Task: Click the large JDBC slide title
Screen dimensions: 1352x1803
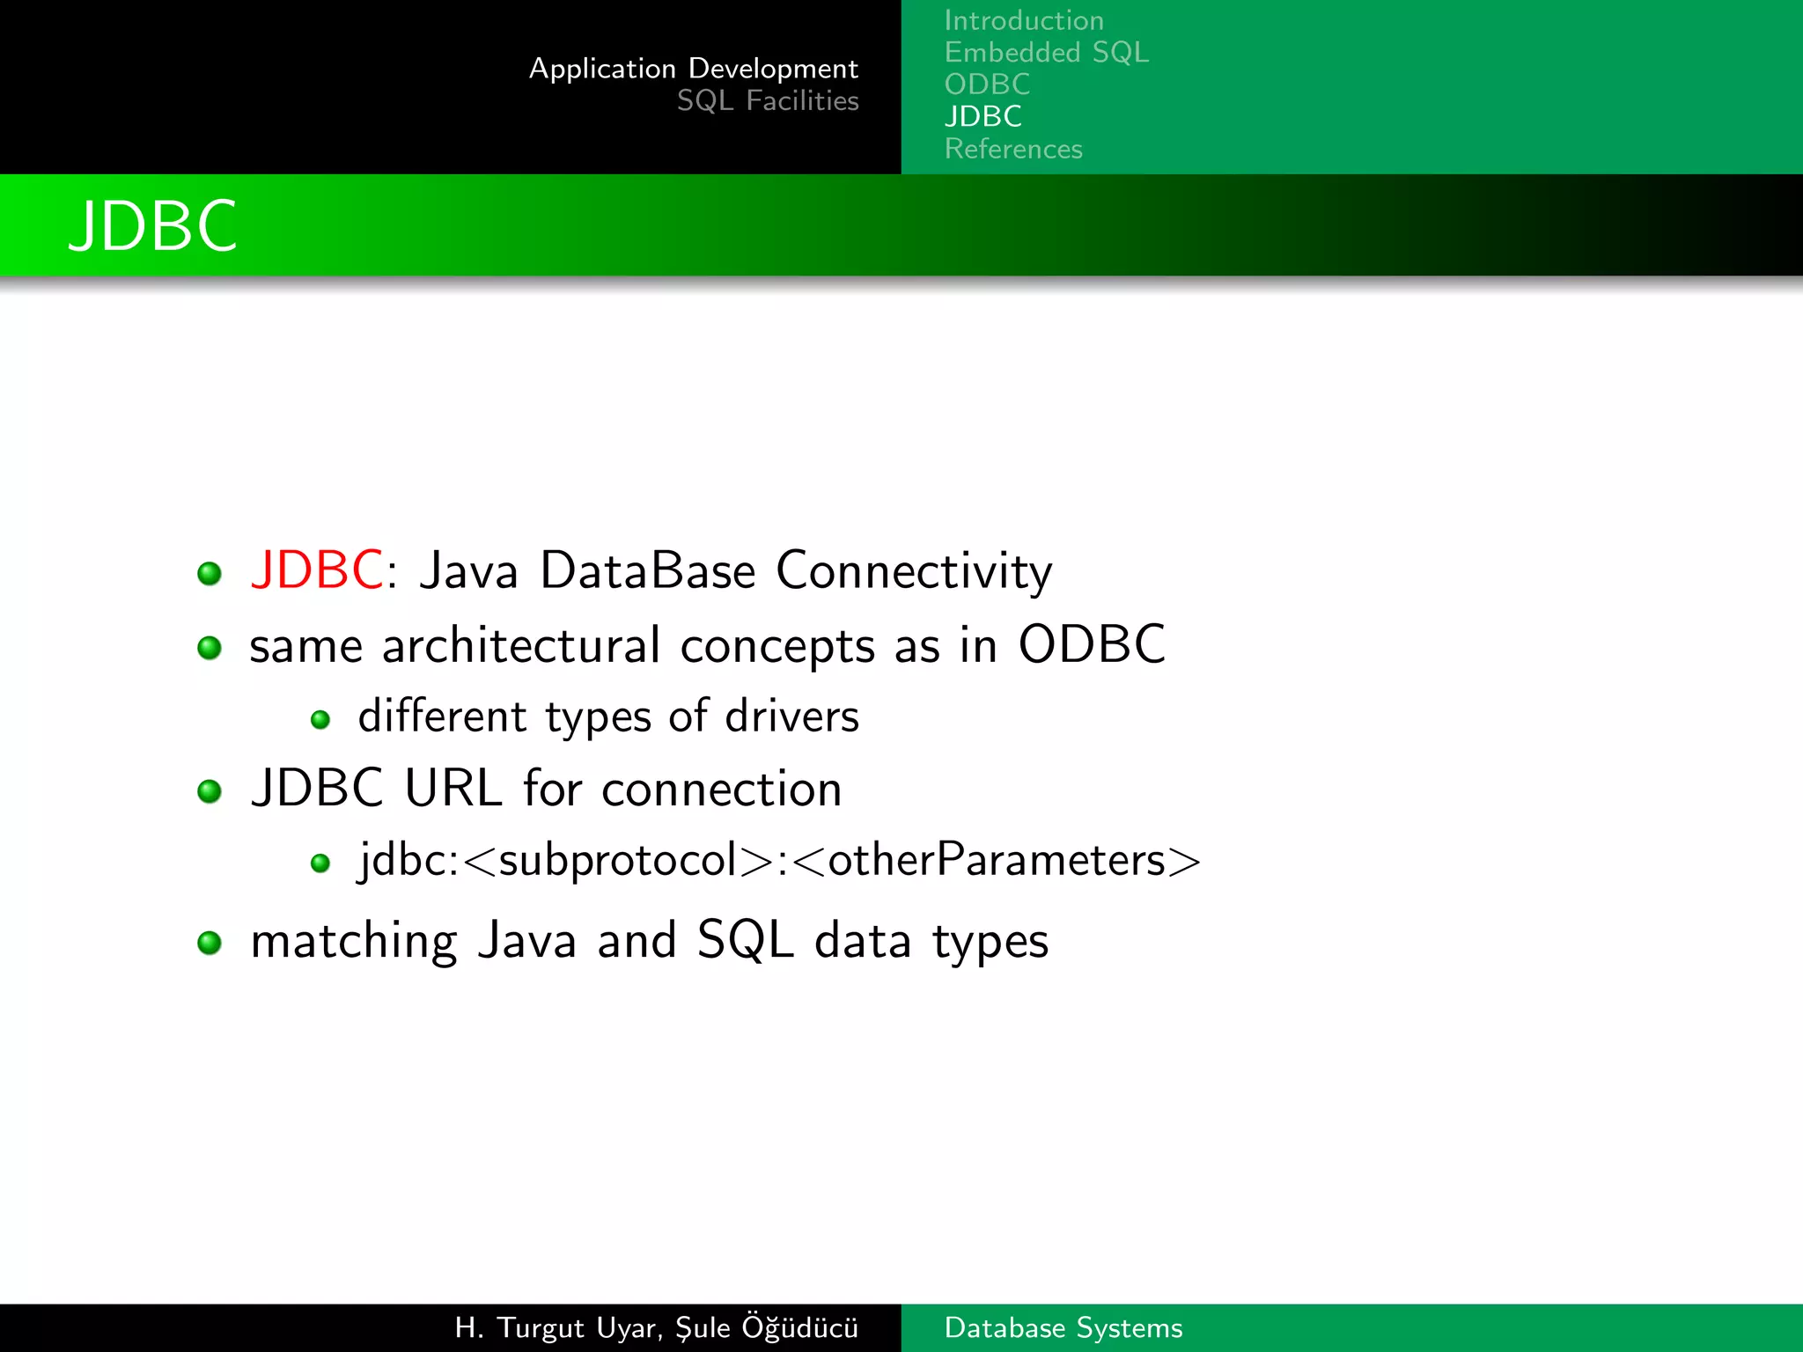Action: pyautogui.click(x=152, y=226)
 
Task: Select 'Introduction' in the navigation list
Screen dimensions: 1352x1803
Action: pyautogui.click(x=1023, y=20)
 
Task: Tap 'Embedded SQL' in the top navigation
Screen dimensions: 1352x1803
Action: pyautogui.click(x=1046, y=53)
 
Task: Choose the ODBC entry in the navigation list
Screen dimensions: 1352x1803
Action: pyautogui.click(x=987, y=84)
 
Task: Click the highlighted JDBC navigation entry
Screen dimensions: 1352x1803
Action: pyautogui.click(x=982, y=116)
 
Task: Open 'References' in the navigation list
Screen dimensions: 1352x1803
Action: pyautogui.click(x=1012, y=149)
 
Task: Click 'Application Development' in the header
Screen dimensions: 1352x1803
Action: pyautogui.click(x=693, y=69)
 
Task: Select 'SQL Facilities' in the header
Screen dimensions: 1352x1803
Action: pyautogui.click(x=767, y=101)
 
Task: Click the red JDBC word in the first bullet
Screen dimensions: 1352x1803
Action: pyautogui.click(x=316, y=569)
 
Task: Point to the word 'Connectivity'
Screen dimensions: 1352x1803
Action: pyautogui.click(x=913, y=571)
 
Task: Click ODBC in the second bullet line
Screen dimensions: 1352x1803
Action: pyautogui.click(x=1091, y=644)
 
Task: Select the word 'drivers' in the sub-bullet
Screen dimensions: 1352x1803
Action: pyautogui.click(x=791, y=716)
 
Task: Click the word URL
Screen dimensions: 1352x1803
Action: pyautogui.click(x=453, y=788)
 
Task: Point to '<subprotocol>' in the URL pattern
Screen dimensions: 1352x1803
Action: pyautogui.click(x=617, y=860)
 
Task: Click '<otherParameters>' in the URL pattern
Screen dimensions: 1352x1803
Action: pyautogui.click(x=997, y=860)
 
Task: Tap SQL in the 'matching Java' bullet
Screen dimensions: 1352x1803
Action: pyautogui.click(x=744, y=940)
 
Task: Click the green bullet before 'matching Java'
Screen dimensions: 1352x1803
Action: pyautogui.click(x=210, y=943)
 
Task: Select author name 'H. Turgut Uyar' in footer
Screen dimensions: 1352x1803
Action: pyautogui.click(x=557, y=1327)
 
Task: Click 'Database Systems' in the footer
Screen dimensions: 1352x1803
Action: pyautogui.click(x=1063, y=1327)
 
